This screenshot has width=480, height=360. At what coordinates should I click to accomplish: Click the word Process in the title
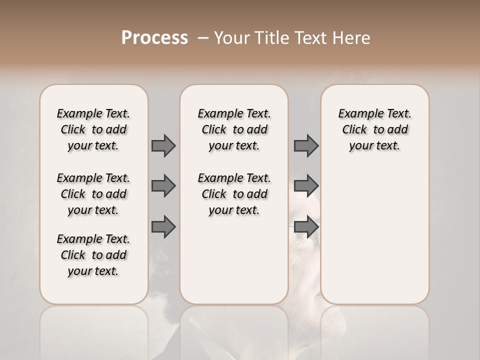(x=154, y=37)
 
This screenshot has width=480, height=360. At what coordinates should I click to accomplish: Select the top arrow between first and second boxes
(x=163, y=145)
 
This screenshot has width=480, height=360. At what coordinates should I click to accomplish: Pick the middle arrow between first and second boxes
(x=163, y=186)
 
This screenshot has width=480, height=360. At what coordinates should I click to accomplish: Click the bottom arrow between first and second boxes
(x=163, y=226)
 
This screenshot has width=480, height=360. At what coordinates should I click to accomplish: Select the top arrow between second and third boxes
(x=306, y=145)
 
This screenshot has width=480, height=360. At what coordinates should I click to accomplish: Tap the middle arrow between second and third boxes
(x=306, y=186)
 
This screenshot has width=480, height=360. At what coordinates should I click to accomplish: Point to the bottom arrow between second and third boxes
(x=306, y=226)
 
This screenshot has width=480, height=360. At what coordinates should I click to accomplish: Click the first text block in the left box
(x=93, y=129)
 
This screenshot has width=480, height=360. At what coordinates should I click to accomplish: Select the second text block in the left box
(x=93, y=194)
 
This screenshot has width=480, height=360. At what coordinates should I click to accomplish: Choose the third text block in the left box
(x=93, y=255)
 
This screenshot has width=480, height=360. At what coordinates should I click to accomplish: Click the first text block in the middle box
(x=234, y=129)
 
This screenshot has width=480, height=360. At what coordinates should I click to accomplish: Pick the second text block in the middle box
(x=234, y=194)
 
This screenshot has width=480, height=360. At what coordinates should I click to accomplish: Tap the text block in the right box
(x=374, y=129)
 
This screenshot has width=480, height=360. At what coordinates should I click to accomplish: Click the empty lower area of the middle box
(x=234, y=260)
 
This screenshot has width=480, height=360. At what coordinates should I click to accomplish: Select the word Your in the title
(x=230, y=38)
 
